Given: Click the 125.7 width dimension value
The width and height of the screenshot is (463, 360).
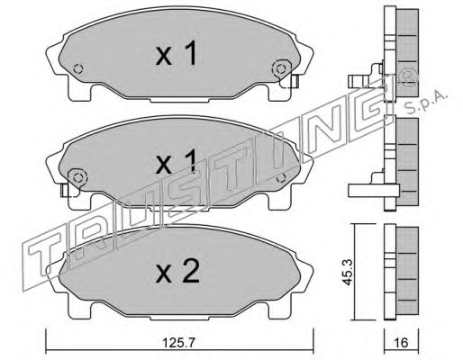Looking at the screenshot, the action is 178,342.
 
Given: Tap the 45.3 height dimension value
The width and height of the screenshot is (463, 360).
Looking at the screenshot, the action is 348,273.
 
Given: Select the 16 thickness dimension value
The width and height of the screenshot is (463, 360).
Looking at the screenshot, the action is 402,342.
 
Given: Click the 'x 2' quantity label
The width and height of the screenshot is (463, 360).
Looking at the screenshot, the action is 177,272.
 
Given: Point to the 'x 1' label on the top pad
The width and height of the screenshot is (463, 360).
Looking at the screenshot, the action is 177,53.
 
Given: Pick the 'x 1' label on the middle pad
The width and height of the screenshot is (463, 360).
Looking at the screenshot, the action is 177,162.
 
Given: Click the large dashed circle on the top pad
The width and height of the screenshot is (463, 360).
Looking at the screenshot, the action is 281,69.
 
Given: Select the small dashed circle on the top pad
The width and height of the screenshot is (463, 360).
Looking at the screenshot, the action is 78,69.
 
